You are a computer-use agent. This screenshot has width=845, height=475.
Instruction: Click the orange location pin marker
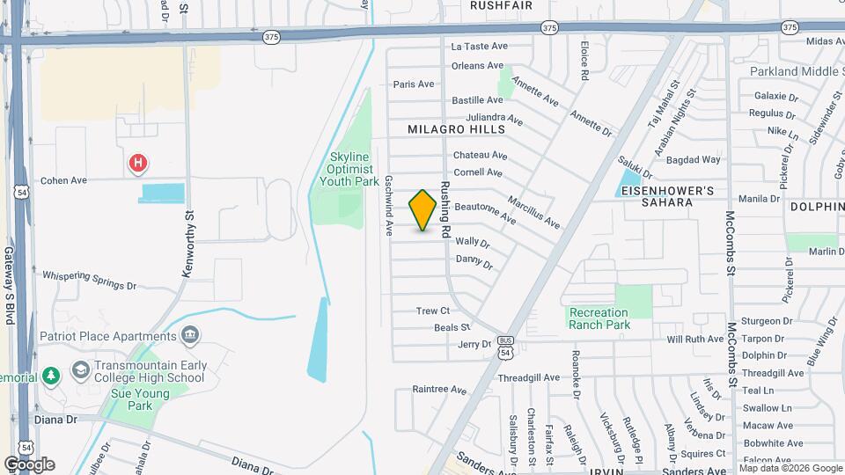(x=423, y=210)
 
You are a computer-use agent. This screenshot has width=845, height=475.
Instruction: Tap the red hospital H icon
(x=137, y=163)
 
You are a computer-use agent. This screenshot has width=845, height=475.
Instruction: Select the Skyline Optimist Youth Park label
(x=341, y=168)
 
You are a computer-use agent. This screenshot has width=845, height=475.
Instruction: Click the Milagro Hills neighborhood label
(x=457, y=129)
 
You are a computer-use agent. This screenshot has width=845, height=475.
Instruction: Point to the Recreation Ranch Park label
(x=599, y=318)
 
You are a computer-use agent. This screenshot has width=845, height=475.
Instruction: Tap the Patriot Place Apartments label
(x=108, y=336)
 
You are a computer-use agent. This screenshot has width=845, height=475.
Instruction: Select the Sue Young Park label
(x=132, y=399)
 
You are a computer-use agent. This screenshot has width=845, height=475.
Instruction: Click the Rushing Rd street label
(x=446, y=212)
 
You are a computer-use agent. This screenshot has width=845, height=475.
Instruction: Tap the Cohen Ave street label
(x=64, y=180)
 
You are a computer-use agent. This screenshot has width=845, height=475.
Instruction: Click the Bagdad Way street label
(x=694, y=160)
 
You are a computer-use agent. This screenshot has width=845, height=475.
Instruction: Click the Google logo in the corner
(x=29, y=464)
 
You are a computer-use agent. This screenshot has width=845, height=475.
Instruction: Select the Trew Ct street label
(x=433, y=311)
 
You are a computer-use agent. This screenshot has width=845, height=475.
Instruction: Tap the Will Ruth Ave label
(x=695, y=339)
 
